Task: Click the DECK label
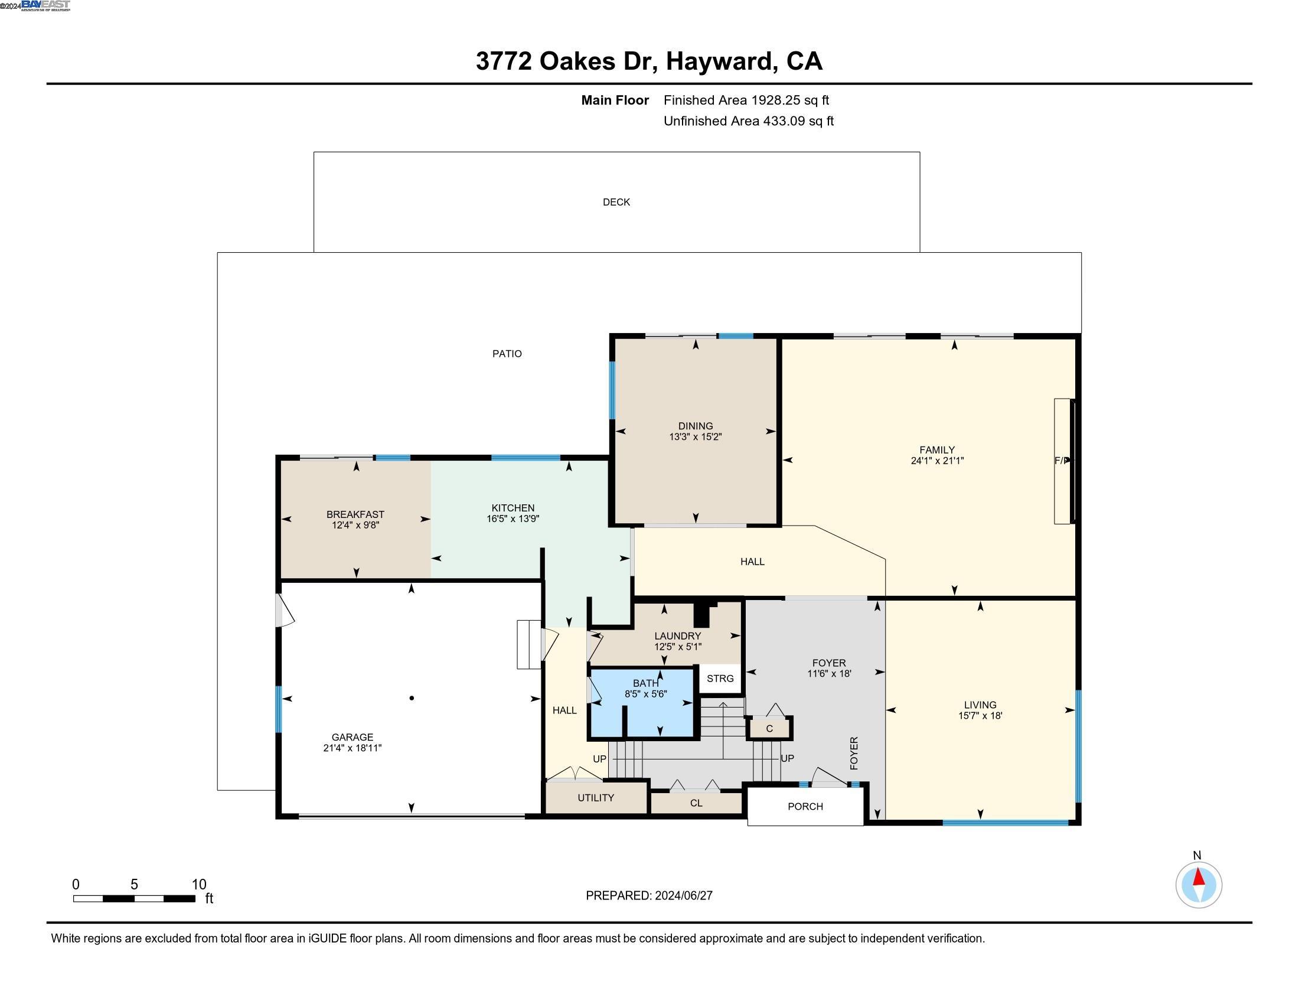pos(616,202)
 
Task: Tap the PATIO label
pos(507,354)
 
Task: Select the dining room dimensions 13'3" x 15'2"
pos(696,436)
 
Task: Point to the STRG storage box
pos(720,679)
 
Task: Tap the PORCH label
pos(805,807)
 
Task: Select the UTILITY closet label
pos(595,798)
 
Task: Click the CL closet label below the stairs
pos(696,803)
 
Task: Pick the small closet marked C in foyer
pos(769,729)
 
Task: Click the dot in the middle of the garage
pos(412,698)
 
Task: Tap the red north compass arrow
pos(1199,878)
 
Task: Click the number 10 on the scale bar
pos(198,885)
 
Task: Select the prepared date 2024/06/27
pos(683,896)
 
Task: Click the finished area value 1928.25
pos(776,100)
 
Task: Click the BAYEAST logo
pos(45,5)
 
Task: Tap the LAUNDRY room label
pos(677,637)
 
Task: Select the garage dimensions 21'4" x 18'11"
pos(352,748)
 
